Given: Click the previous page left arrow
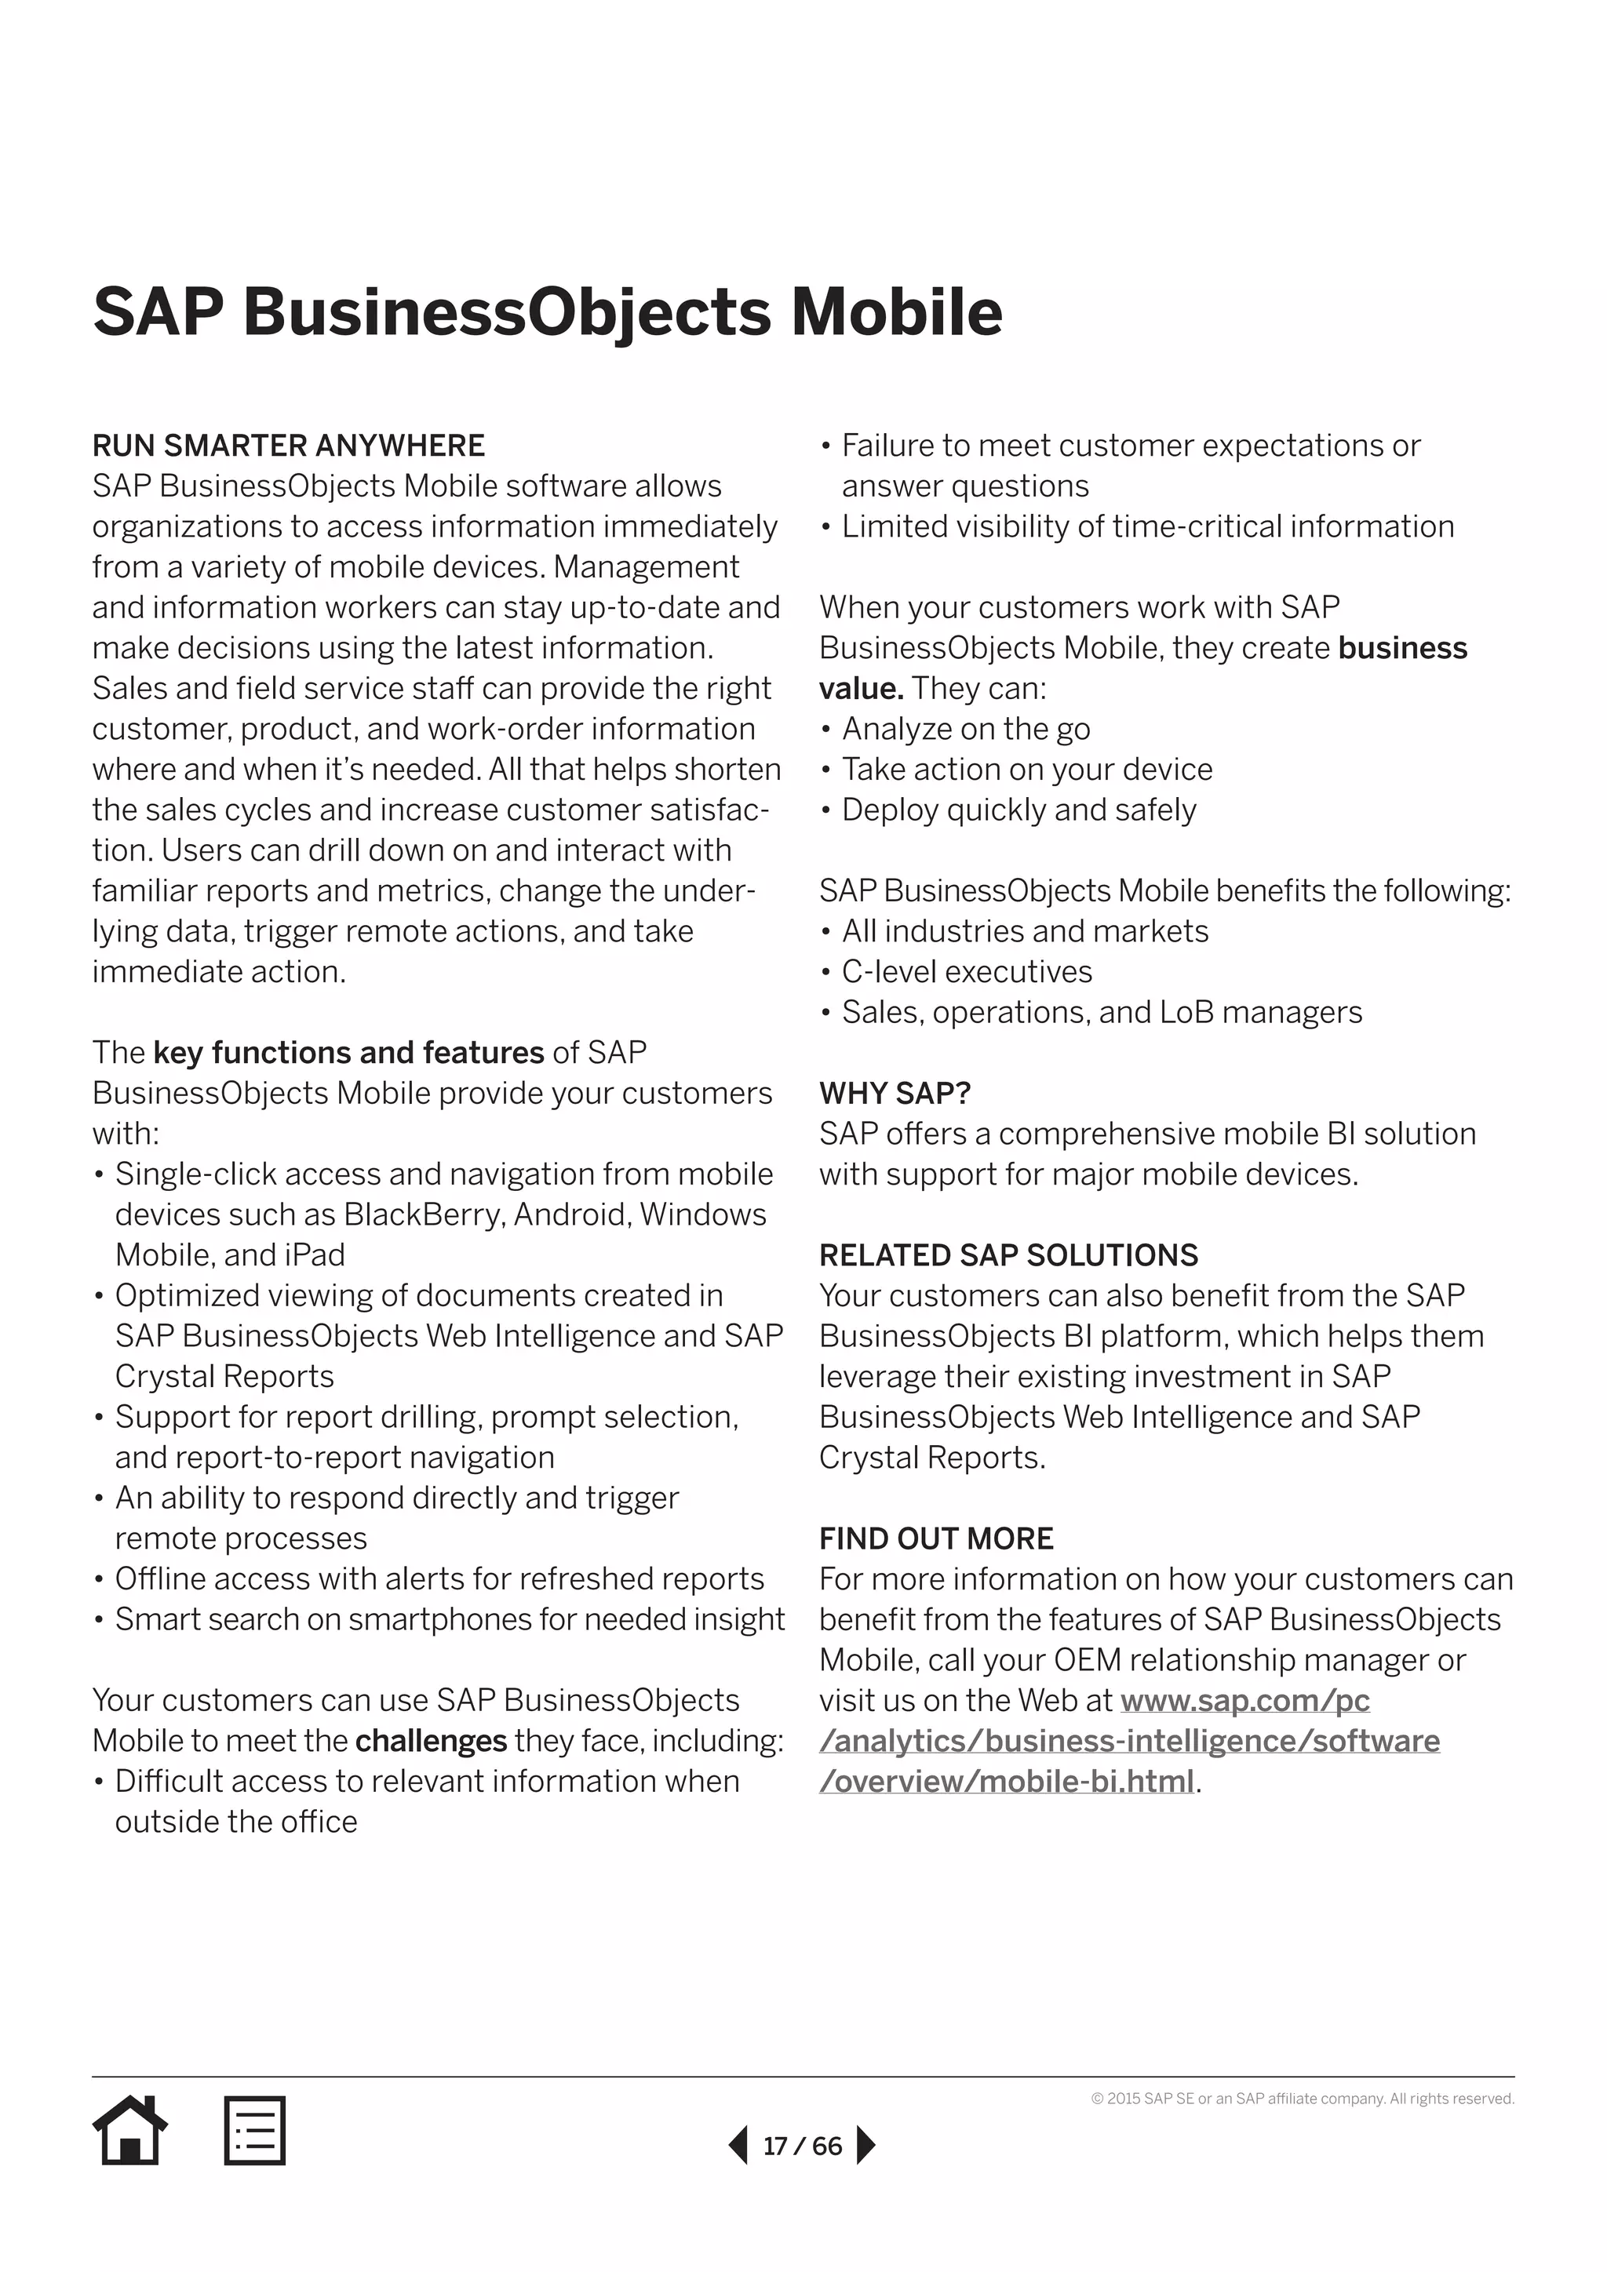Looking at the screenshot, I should (738, 2146).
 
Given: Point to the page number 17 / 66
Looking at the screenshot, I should (801, 2146).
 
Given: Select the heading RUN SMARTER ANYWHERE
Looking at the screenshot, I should (288, 446).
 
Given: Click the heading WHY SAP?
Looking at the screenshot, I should (895, 1094).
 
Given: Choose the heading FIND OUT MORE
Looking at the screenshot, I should (935, 1538).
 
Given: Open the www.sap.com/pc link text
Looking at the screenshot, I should (1244, 1701).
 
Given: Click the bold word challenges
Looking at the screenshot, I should (431, 1742).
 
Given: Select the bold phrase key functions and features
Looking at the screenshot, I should (348, 1053).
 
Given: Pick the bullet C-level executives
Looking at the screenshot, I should (966, 972).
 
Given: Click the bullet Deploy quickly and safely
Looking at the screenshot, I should (1018, 810).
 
